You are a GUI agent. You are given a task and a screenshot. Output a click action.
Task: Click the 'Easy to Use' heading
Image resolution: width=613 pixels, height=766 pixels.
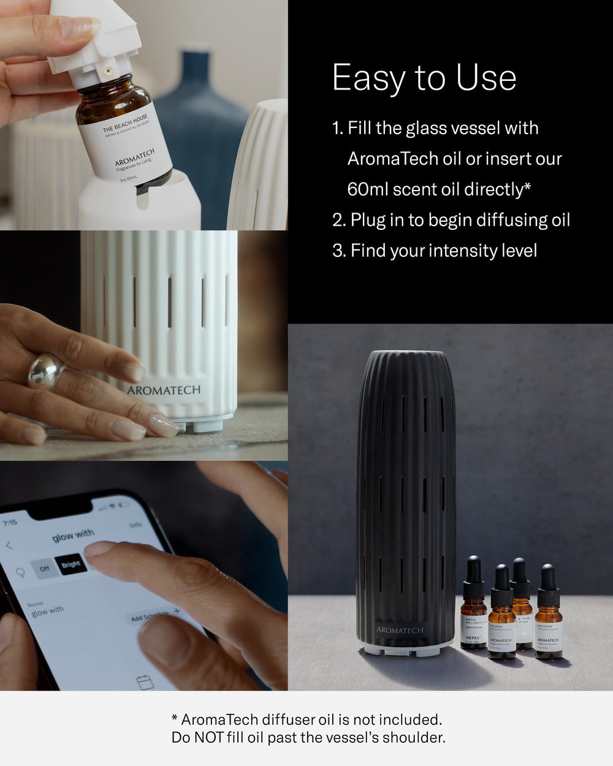point(424,78)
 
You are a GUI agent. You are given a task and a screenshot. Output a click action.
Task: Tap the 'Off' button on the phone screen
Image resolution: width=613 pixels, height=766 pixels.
point(44,569)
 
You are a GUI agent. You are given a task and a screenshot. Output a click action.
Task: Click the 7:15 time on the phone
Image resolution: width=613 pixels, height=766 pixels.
point(10,523)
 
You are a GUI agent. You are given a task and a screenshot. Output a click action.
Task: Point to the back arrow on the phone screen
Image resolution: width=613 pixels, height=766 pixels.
point(9,545)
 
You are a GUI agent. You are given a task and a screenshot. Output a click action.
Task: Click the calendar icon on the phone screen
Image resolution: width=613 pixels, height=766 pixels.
point(144,681)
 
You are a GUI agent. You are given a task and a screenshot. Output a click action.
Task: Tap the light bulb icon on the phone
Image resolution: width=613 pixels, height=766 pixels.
point(20,573)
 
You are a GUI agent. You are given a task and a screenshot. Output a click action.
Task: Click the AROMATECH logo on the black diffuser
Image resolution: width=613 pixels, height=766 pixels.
point(400,630)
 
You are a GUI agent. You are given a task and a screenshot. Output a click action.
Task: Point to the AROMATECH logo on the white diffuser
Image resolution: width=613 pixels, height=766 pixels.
point(164,390)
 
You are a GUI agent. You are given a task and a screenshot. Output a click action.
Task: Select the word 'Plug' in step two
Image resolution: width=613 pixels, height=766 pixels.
point(367,220)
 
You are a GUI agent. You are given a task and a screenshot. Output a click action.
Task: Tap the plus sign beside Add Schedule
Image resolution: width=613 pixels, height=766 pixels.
point(177,611)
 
